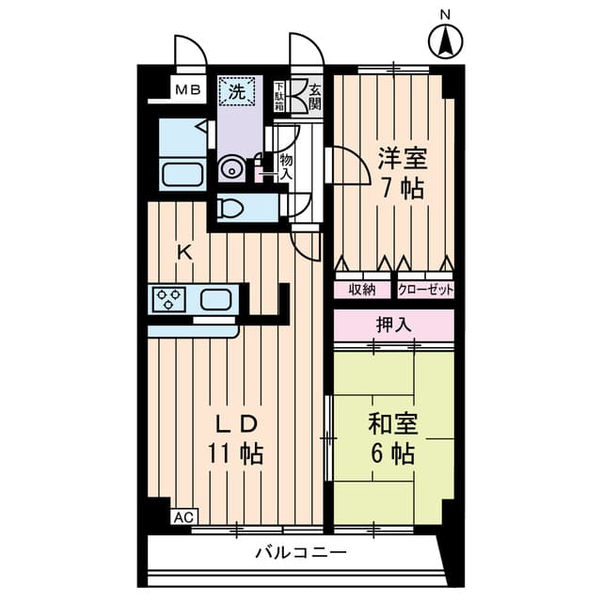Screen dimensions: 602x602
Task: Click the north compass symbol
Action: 445,41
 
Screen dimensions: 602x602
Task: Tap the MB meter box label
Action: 188,90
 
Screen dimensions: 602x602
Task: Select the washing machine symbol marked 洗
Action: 236,91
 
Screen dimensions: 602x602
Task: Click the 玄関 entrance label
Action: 315,98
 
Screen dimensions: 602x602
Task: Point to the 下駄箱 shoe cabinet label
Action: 279,97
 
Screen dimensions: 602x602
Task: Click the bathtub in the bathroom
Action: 182,174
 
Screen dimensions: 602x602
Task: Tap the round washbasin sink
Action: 230,169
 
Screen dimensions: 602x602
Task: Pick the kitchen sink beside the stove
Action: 215,299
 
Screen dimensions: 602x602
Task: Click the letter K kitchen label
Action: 184,252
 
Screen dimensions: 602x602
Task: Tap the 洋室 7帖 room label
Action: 402,173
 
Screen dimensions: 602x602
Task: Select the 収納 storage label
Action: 362,290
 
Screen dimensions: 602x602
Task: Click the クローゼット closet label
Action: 426,290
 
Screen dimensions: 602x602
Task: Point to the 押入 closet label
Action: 394,325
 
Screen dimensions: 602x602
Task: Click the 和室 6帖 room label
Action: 392,438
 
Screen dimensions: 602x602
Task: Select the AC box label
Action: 184,517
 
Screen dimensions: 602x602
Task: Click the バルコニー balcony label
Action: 301,553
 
